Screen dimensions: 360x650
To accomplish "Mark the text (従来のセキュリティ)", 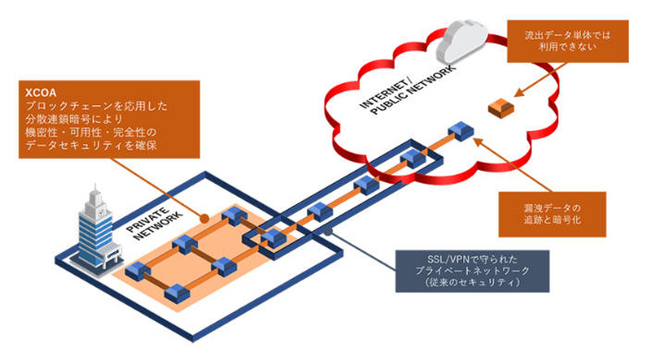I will click(466, 281).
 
